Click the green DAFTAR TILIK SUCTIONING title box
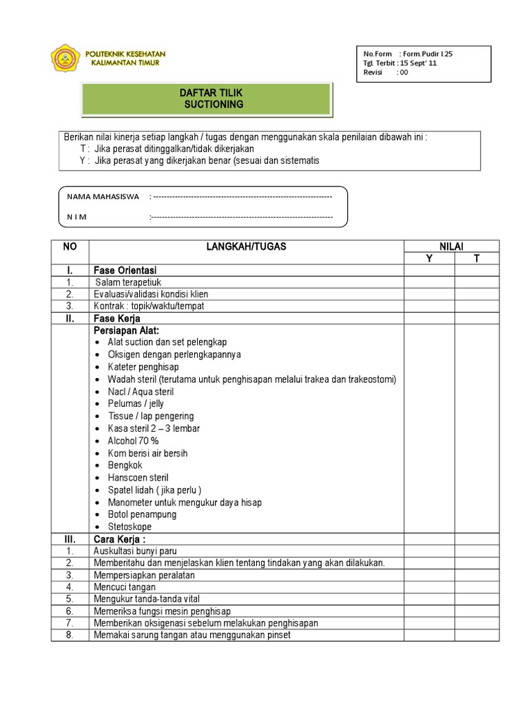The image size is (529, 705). coord(207,98)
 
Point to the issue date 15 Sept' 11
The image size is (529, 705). coord(419,63)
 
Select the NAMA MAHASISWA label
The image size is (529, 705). coord(103,196)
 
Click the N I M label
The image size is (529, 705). coord(76,218)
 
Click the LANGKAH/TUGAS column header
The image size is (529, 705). coord(247,246)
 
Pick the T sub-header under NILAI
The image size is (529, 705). coord(475,258)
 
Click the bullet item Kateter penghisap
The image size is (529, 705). coord(143,367)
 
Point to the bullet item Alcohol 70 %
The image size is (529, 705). coord(133,441)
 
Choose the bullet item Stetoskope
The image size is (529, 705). coord(129,527)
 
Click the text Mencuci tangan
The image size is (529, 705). coord(124,587)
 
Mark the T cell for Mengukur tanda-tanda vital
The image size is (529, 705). coord(475,599)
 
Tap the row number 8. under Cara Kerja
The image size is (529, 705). coord(70,635)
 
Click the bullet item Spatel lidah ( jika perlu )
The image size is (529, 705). coord(154,490)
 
